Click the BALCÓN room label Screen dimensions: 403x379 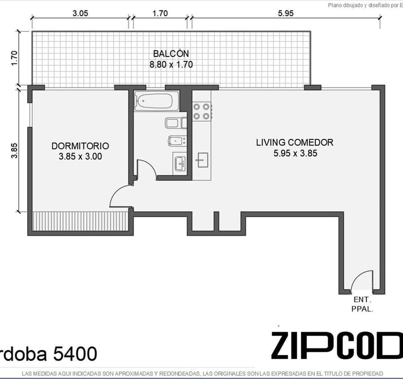click(x=171, y=54)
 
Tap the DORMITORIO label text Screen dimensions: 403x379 click(x=80, y=146)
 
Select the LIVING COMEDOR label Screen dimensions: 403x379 click(x=294, y=142)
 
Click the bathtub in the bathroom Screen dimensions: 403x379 click(x=156, y=101)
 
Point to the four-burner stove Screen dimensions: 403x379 click(x=202, y=112)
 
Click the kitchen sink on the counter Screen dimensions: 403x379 click(x=203, y=160)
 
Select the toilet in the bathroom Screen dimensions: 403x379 click(x=176, y=123)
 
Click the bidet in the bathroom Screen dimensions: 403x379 click(x=177, y=141)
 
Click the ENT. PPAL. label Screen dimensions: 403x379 click(x=362, y=304)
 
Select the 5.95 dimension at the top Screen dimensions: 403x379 click(x=286, y=13)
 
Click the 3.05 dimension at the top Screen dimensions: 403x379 click(x=80, y=13)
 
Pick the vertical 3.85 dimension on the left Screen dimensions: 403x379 click(x=15, y=151)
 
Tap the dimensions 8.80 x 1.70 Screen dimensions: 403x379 click(x=171, y=64)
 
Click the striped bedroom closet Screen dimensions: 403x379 click(x=80, y=221)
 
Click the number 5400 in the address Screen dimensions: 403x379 click(x=75, y=353)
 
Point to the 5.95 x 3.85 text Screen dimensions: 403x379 click(x=295, y=153)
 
